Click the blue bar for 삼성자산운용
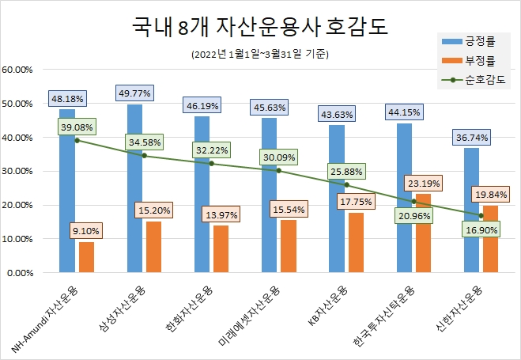click(x=135, y=190)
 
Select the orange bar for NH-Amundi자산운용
click(x=86, y=258)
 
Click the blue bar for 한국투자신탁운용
click(x=404, y=198)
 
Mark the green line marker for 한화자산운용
click(x=211, y=164)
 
